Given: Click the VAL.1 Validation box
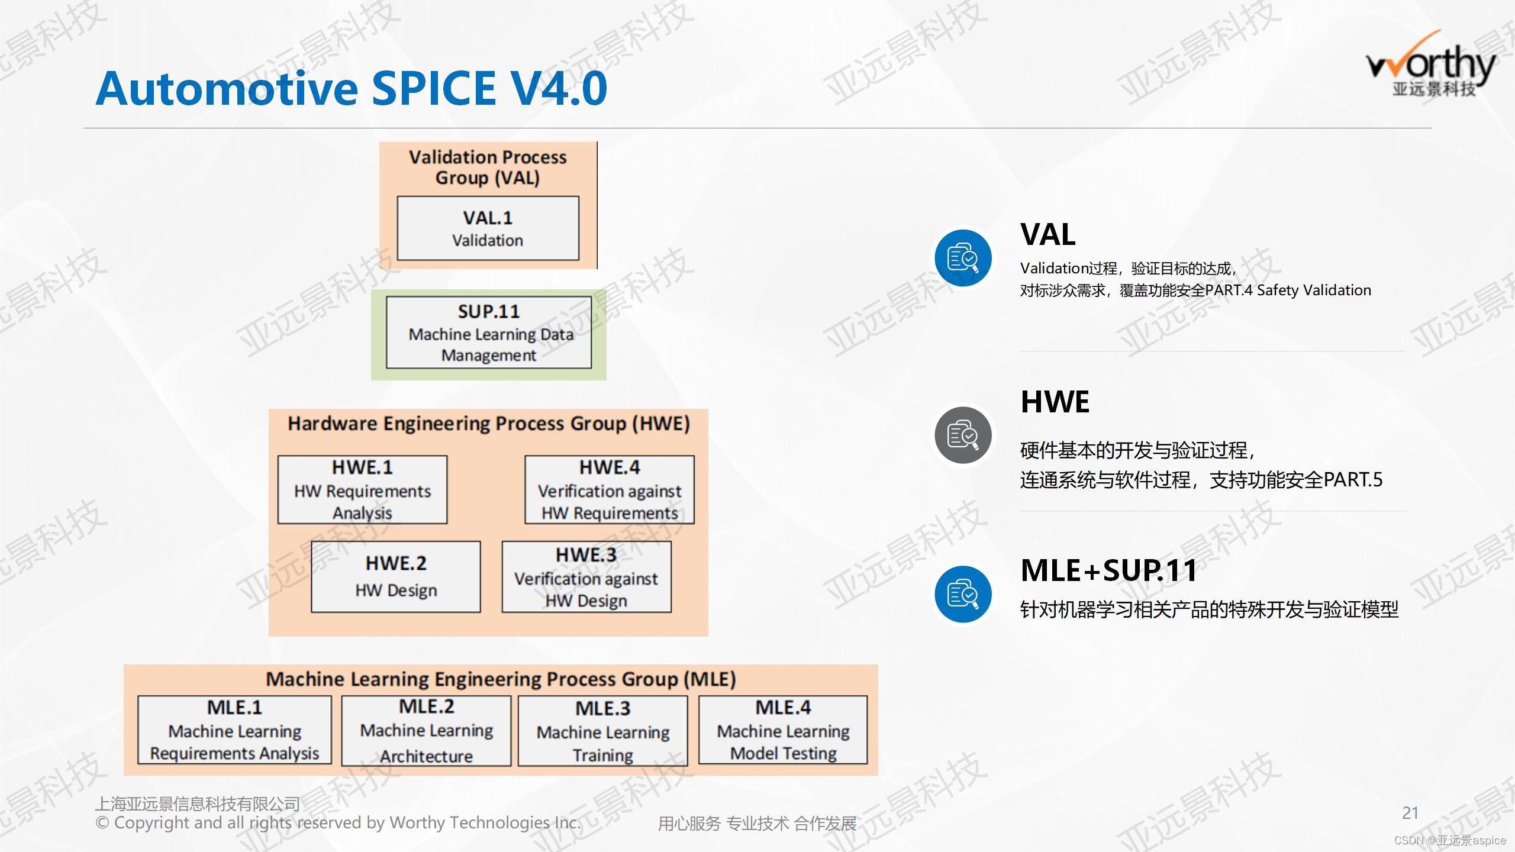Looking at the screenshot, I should (x=488, y=228).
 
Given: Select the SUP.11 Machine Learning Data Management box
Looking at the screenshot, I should (x=489, y=333).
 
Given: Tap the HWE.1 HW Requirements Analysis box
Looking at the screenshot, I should (x=362, y=489).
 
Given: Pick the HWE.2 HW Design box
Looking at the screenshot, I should (x=396, y=576).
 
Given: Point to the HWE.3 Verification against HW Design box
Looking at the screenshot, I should (x=586, y=576).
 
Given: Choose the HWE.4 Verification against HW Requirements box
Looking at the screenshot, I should (x=610, y=489).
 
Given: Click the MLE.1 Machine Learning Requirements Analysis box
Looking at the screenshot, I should (x=234, y=730).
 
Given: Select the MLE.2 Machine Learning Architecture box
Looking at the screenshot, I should (x=426, y=730).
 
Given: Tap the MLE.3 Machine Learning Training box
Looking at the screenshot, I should (x=602, y=731).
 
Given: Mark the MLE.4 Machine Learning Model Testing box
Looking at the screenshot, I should (x=783, y=730).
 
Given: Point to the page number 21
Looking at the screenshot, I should (x=1410, y=813).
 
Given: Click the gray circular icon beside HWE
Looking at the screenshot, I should (x=963, y=435).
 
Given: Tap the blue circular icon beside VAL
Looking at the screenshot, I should (x=963, y=259).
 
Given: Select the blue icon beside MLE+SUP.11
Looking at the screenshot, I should (x=963, y=595).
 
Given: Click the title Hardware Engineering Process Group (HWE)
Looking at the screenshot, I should (x=489, y=424).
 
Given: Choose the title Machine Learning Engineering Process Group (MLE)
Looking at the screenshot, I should (x=501, y=679).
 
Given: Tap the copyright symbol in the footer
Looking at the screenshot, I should (x=102, y=823).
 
